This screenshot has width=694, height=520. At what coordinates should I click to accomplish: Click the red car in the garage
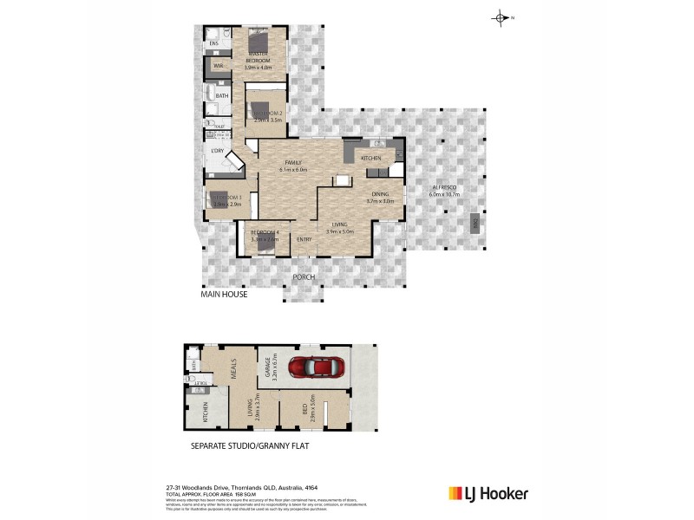click(318, 367)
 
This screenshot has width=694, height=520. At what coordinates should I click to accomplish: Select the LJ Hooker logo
click(488, 494)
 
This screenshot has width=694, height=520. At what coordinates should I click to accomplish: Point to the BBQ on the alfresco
click(475, 224)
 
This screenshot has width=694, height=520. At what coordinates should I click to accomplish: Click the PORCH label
click(302, 277)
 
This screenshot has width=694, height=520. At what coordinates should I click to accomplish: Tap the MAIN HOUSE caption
click(225, 295)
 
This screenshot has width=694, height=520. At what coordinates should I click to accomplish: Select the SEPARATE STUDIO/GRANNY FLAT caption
click(249, 447)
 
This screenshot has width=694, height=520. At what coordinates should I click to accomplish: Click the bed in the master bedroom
click(258, 42)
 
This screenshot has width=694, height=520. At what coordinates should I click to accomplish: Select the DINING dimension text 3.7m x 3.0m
click(380, 200)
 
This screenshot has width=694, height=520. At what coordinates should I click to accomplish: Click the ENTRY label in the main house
click(304, 239)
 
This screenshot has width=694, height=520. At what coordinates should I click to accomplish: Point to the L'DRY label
click(218, 151)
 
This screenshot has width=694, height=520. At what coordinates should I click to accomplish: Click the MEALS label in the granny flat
click(232, 372)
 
